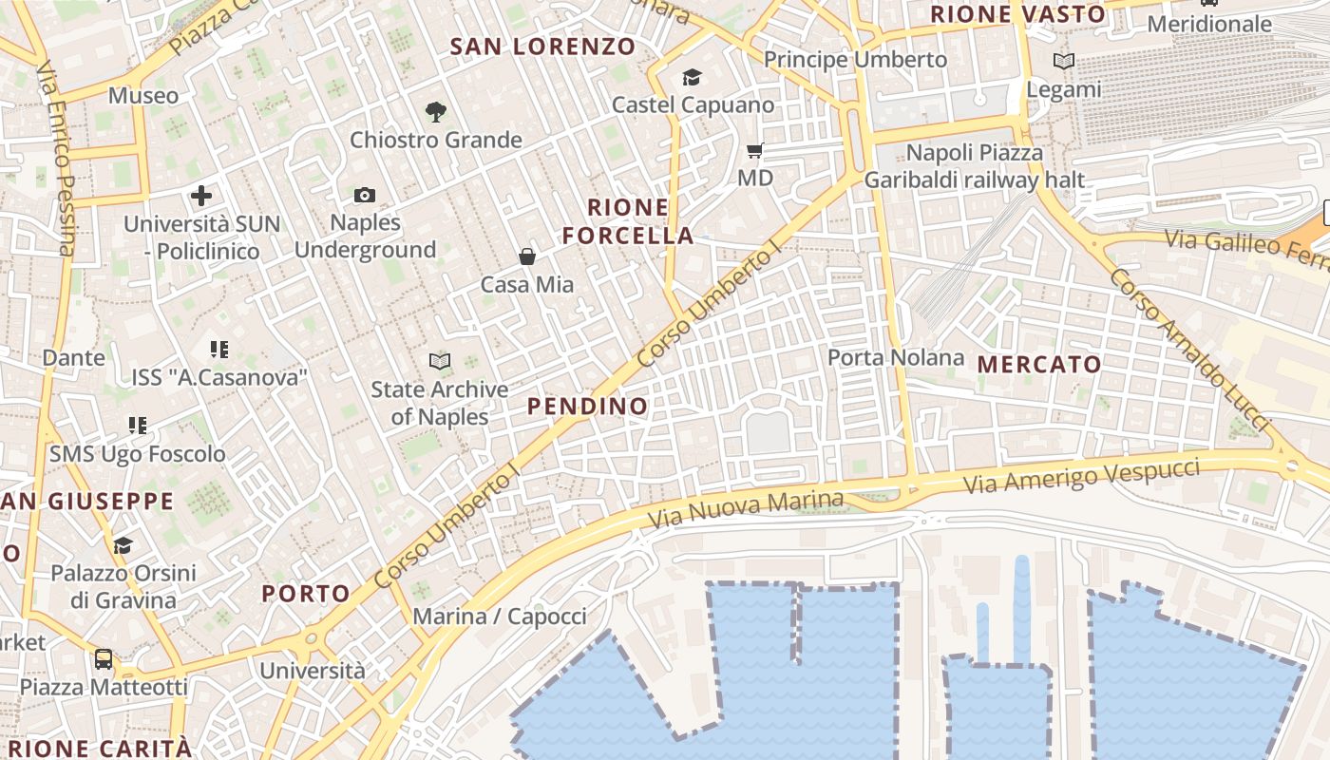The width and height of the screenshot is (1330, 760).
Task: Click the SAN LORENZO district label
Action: [x=542, y=47]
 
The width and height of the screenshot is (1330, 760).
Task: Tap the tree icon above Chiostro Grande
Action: [x=436, y=112]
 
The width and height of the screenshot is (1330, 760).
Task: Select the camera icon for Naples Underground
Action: [x=365, y=196]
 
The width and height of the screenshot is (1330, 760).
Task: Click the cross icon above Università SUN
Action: [x=201, y=197]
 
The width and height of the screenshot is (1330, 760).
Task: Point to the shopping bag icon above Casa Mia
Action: [x=527, y=256]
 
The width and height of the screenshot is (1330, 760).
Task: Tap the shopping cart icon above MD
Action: [x=755, y=151]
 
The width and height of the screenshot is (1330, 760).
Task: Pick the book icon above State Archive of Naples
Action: [x=439, y=362]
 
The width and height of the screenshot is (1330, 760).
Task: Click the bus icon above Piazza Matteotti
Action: [x=104, y=659]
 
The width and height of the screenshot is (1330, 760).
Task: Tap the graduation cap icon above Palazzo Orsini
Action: [x=123, y=545]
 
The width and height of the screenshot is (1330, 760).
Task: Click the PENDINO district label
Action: [x=587, y=407]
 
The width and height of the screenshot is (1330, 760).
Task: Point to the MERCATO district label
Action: [x=1039, y=365]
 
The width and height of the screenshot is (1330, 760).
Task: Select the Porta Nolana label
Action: [x=896, y=358]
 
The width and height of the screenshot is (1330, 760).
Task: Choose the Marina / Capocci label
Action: [x=500, y=617]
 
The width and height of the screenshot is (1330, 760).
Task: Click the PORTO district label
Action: [x=306, y=594]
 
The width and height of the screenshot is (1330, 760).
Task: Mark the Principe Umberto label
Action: [x=855, y=60]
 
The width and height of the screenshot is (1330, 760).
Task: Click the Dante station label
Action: [x=73, y=358]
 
